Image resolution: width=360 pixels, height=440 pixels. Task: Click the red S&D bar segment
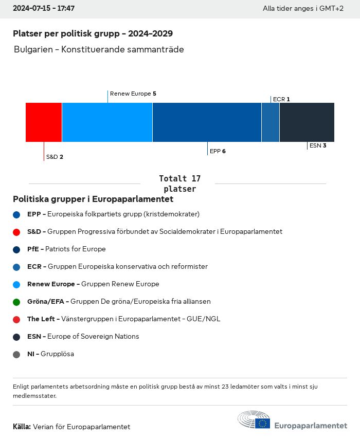tap(44, 122)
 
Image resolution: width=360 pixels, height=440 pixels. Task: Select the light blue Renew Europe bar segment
tap(107, 122)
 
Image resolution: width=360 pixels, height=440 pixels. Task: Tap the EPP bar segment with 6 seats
tap(207, 122)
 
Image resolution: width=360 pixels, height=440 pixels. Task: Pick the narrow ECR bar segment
tap(271, 122)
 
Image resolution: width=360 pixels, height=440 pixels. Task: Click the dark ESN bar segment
tap(307, 122)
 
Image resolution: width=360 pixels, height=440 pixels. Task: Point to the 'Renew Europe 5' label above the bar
tap(133, 94)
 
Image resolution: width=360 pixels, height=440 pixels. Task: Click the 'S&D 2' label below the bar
tap(55, 157)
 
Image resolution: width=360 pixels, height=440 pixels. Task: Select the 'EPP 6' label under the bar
tap(218, 151)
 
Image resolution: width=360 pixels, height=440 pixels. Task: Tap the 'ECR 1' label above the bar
tap(281, 99)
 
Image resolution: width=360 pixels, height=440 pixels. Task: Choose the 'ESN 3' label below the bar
tap(318, 145)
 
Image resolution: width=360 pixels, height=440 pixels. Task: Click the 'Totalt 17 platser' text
tap(179, 184)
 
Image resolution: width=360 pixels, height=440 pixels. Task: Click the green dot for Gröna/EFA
tap(16, 302)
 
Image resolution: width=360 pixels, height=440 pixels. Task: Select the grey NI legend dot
tap(16, 354)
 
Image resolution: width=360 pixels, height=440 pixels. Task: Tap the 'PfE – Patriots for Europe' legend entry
tap(66, 249)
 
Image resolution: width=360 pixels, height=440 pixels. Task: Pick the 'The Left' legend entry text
tap(123, 319)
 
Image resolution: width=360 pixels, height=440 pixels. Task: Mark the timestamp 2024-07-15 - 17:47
tap(44, 9)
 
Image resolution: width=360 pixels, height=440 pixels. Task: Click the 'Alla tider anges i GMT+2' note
tap(303, 9)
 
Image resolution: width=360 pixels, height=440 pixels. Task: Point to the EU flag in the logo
tap(262, 423)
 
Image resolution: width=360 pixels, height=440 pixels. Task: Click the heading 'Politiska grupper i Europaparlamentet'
tap(93, 199)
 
